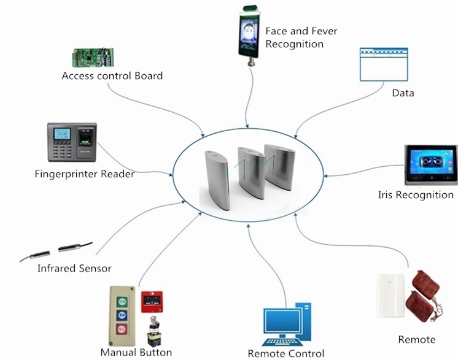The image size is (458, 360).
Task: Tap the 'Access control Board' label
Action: tap(112, 76)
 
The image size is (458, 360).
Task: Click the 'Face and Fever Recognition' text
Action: tap(301, 37)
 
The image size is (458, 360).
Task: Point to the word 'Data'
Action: tap(403, 93)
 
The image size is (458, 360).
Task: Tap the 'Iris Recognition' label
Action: tap(416, 195)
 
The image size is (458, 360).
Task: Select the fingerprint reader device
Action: tap(72, 142)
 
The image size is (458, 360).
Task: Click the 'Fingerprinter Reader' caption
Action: tap(85, 174)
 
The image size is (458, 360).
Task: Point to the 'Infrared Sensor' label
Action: tap(74, 268)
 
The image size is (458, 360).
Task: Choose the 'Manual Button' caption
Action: tap(136, 352)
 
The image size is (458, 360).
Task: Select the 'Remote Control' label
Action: tap(285, 353)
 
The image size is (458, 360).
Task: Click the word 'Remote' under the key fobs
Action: tap(417, 339)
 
